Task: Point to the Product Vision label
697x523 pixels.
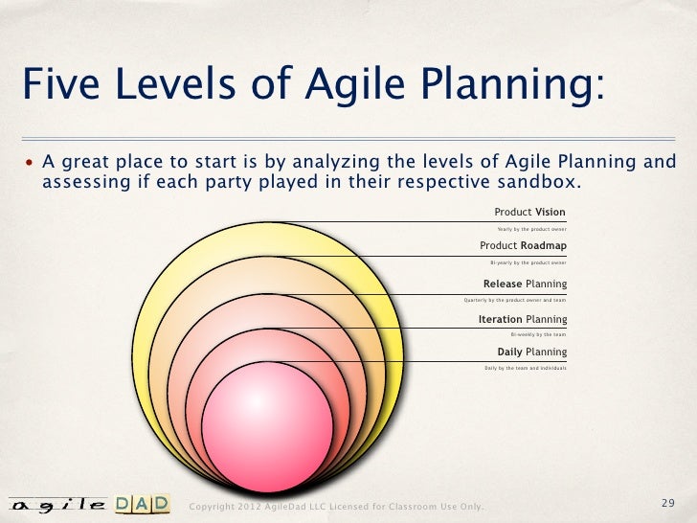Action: (x=529, y=212)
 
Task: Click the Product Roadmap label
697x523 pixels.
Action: (x=523, y=245)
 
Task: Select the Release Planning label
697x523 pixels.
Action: (x=525, y=284)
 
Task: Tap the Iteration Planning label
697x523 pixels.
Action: (x=522, y=319)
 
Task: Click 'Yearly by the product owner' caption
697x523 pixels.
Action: (x=531, y=229)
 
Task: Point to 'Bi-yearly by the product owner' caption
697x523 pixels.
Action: (x=528, y=261)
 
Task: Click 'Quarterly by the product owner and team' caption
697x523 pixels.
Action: (x=514, y=299)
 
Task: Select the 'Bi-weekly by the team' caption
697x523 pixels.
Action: (x=538, y=334)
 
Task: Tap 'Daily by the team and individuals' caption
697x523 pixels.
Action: (x=526, y=368)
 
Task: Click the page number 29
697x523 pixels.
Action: (x=668, y=504)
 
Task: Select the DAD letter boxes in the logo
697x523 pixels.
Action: (x=143, y=504)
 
